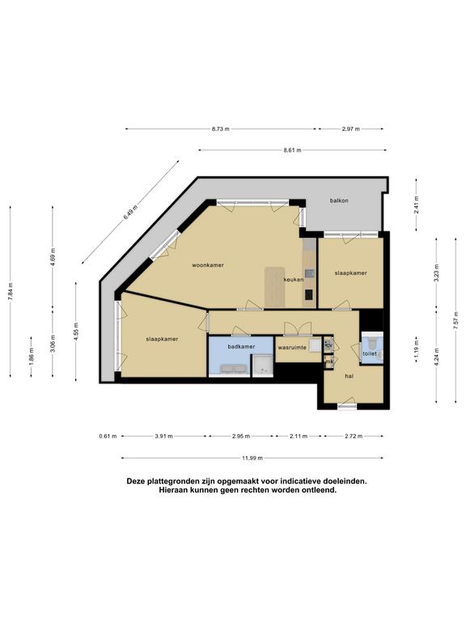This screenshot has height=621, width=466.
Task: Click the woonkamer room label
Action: click(208, 265)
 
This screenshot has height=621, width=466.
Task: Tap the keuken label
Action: click(294, 280)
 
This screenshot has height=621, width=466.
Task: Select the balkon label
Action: click(339, 201)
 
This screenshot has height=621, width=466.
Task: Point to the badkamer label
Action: click(241, 347)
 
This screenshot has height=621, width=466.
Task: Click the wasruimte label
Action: click(292, 348)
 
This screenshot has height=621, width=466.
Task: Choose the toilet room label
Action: click(370, 353)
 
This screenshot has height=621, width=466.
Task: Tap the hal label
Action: click(349, 376)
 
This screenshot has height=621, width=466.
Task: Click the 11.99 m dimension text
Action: click(252, 458)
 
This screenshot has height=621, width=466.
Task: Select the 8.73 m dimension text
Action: click(221, 129)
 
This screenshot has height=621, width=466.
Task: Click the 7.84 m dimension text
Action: click(11, 291)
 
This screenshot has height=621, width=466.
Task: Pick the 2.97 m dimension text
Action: click(351, 129)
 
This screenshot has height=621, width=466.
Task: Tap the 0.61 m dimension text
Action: click(108, 437)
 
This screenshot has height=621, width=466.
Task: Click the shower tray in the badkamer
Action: click(262, 365)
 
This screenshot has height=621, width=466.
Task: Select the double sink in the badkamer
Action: click(234, 369)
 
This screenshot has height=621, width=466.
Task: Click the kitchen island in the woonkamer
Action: click(274, 287)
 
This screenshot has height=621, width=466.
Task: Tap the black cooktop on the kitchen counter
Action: click(308, 294)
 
